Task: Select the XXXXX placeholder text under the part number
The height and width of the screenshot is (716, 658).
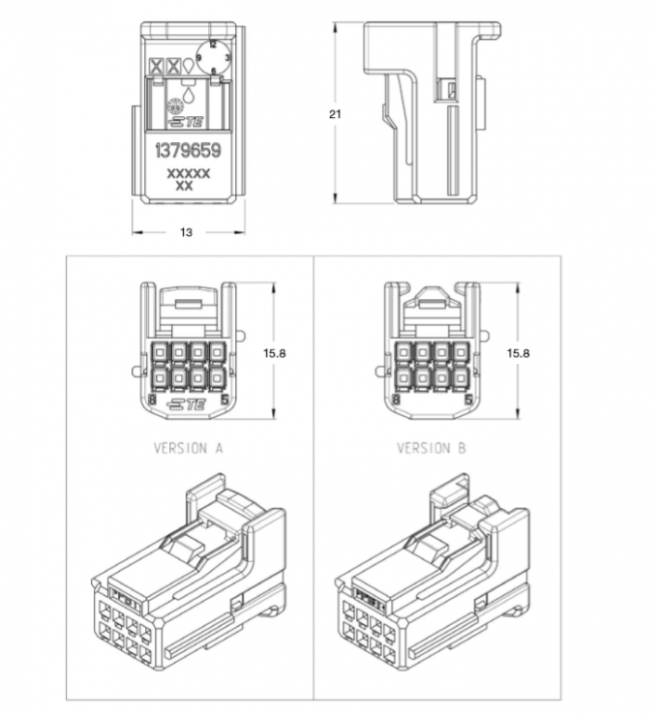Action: click(188, 171)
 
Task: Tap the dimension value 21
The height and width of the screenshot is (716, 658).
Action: click(336, 113)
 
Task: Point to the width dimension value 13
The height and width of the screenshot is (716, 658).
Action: click(187, 232)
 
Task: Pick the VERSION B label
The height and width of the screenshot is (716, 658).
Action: click(432, 448)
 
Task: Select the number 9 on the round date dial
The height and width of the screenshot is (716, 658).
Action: click(199, 59)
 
